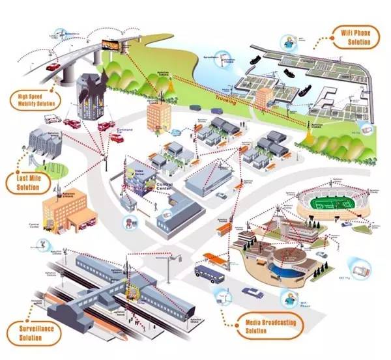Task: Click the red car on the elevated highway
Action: click(51, 66)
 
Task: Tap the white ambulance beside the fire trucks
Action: click(51, 119)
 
